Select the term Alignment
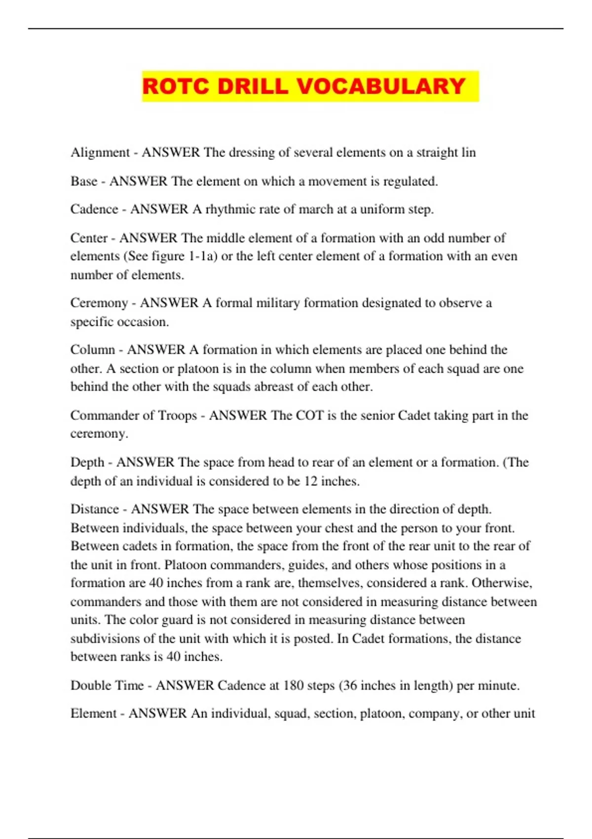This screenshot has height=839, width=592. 100,153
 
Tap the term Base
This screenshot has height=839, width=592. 84,181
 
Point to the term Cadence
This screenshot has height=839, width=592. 94,209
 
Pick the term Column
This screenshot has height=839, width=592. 93,349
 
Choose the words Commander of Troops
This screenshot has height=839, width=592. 134,415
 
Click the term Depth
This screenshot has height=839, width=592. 87,462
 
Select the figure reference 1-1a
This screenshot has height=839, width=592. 202,256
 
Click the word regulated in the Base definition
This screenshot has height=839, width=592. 410,181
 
